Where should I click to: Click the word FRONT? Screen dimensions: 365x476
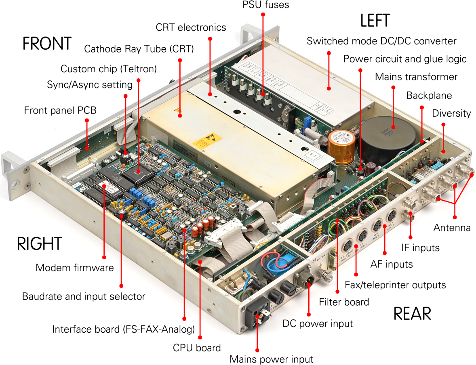point(47,43)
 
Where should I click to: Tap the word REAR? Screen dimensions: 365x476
point(412,314)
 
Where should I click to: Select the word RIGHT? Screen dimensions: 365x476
point(39,244)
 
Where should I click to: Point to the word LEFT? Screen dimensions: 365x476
point(375,21)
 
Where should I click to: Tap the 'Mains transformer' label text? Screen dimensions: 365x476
point(416,77)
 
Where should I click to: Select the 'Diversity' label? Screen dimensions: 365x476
point(451,113)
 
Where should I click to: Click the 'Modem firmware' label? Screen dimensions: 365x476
point(75,267)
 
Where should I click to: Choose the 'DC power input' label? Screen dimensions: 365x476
point(318,323)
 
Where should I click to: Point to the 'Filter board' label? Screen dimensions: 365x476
point(344,302)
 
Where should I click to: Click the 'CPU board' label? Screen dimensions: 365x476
point(197,348)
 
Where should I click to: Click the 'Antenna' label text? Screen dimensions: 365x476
point(452,228)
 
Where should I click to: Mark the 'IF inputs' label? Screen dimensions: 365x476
point(420,247)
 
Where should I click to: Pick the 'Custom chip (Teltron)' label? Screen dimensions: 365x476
point(108,69)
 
